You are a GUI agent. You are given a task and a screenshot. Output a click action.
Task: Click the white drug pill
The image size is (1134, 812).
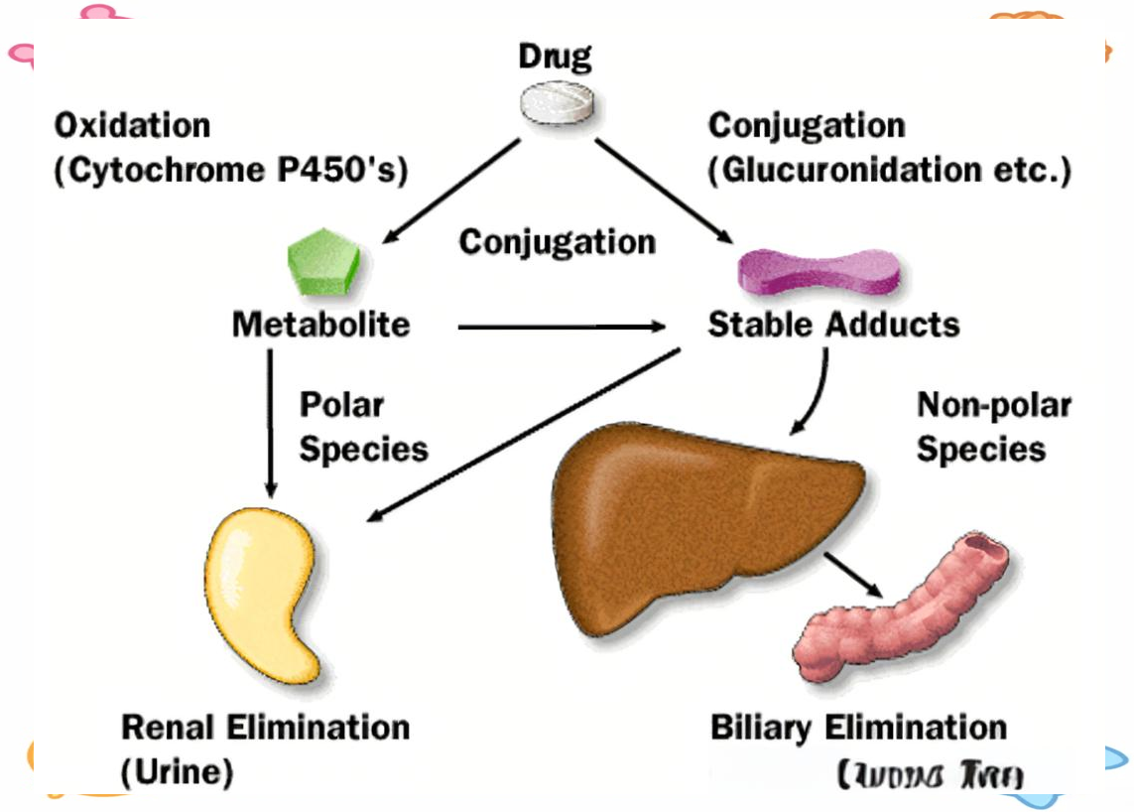click(x=561, y=103)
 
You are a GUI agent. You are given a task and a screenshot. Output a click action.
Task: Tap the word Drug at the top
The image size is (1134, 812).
click(x=555, y=57)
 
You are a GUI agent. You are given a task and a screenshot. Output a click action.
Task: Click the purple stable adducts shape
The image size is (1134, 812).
click(x=819, y=271)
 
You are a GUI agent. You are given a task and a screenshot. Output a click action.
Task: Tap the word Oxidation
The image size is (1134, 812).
click(x=132, y=126)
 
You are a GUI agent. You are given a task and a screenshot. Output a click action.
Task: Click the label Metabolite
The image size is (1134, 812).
click(x=320, y=325)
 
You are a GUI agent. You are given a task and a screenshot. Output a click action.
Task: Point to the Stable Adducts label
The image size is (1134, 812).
click(x=833, y=325)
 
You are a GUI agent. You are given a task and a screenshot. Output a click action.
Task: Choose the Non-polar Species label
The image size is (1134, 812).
click(x=980, y=427)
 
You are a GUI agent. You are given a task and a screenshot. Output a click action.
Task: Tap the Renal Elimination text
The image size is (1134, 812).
click(x=265, y=728)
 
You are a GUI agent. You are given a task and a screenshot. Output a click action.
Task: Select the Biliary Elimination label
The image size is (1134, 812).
click(x=858, y=728)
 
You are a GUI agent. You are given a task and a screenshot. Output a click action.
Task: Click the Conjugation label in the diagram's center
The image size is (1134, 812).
click(x=557, y=242)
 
